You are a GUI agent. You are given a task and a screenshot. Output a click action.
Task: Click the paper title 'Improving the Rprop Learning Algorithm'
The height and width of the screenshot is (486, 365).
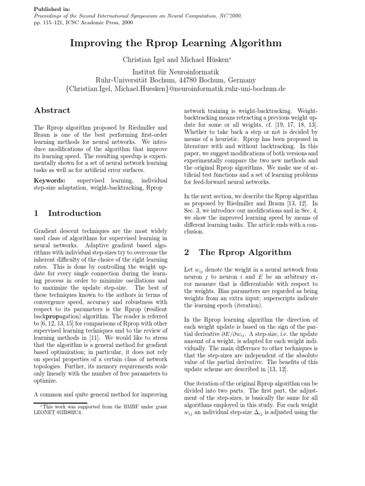pos(176,43)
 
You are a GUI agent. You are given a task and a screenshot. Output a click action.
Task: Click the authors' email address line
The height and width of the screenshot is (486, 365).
pos(175,89)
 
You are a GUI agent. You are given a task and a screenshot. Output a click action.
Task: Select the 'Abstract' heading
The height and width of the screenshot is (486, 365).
pos(52,111)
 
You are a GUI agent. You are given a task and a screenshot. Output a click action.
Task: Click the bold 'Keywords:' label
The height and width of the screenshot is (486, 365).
pos(50,181)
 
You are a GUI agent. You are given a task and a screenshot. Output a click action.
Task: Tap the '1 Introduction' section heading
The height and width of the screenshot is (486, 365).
pos(67,213)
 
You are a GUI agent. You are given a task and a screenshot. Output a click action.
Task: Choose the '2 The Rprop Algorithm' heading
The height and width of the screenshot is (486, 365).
pos(238,252)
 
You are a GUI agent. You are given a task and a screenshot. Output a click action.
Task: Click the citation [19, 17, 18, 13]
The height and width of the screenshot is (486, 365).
pos(294,124)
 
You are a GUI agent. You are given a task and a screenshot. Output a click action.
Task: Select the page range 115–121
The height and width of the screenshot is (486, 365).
pos(54,22)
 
